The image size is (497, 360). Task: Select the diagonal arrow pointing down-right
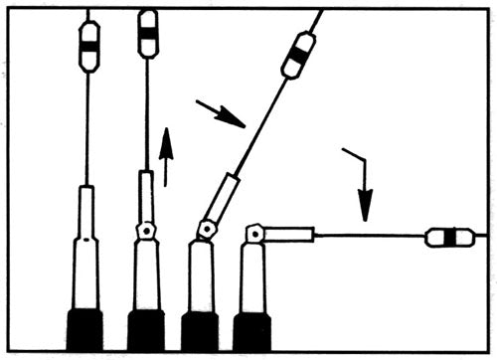pos(221,113)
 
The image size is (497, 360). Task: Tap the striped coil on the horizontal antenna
pos(448,238)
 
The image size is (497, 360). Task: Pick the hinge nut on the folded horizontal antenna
pos(255,235)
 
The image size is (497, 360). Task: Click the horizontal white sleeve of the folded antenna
pos(289,236)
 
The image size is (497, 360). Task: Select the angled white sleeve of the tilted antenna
pos(225,198)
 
